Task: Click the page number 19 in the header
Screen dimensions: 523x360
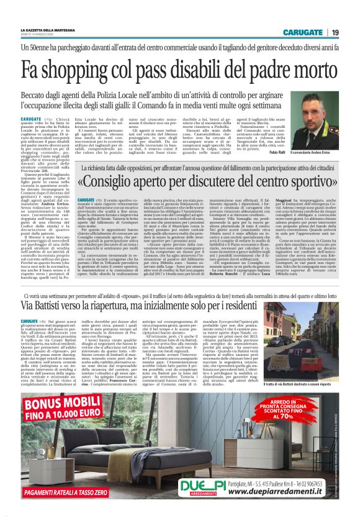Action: pos(335,32)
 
